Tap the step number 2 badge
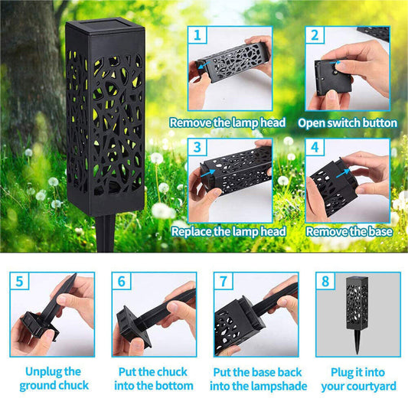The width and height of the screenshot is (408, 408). tap(314, 36)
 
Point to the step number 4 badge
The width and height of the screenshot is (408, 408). tap(314, 147)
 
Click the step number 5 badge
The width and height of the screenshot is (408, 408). tap(20, 282)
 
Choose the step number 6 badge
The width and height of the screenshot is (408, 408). tap(121, 282)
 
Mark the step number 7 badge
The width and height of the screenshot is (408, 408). tap(223, 282)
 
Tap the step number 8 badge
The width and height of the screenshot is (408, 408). tap(325, 282)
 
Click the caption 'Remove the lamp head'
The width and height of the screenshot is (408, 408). tap(227, 122)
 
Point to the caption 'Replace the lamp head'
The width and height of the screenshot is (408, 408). tap(229, 231)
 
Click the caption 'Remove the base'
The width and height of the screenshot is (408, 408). tap(349, 231)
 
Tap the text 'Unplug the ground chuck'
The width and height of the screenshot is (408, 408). tap(53, 378)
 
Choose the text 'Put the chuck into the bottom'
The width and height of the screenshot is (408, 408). tap(154, 378)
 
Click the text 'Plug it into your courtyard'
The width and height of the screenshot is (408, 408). tap(357, 378)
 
